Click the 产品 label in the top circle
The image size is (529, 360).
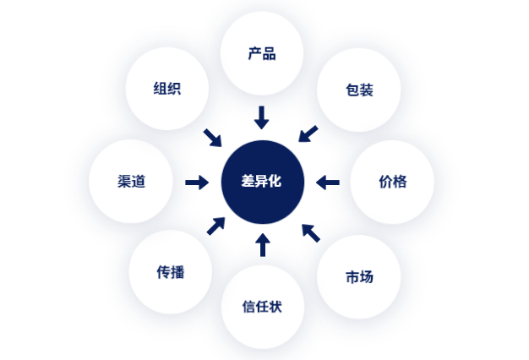tap(262, 53)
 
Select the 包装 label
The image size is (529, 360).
tap(359, 90)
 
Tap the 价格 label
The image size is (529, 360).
tap(393, 182)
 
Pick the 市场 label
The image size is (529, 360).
tap(359, 277)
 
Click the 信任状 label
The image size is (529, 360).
tap(262, 307)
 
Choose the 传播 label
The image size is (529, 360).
tap(171, 272)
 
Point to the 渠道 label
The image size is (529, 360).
tap(131, 182)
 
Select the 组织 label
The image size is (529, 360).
tap(167, 89)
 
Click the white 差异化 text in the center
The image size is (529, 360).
tap(261, 181)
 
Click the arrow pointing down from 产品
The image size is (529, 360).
tap(261, 117)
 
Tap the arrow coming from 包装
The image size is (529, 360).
tap(308, 134)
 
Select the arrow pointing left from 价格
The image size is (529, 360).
tap(328, 183)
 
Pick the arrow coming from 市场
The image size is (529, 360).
tap(311, 233)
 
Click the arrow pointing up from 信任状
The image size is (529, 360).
tap(263, 245)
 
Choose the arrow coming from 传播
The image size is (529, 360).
tap(216, 226)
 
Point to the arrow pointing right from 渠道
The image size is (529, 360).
tap(197, 183)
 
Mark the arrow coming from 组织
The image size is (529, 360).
tap(213, 138)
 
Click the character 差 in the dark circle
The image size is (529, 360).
tap(248, 181)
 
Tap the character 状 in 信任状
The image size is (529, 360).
tap(275, 307)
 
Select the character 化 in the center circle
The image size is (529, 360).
tap(275, 181)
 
